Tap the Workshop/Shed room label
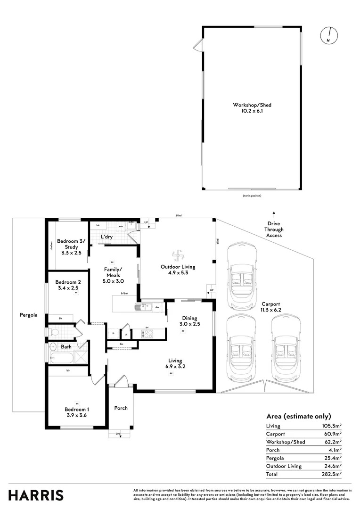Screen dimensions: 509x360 [x=252, y=108]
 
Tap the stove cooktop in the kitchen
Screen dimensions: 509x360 [x=147, y=334]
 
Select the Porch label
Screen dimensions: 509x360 [x=121, y=408]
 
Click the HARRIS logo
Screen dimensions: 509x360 [x=36, y=495]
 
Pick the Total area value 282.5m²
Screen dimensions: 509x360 [x=332, y=474]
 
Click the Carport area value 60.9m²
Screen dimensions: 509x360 [x=332, y=434]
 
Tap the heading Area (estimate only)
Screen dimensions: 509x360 [x=298, y=416]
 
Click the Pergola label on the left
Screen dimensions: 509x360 [x=28, y=315]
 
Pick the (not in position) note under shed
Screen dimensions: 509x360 [x=252, y=195]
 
